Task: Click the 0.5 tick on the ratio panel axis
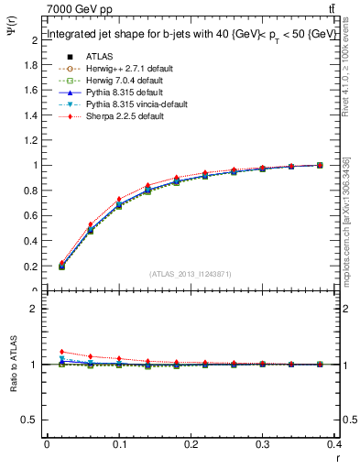coord(30,420)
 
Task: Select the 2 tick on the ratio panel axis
coord(34,309)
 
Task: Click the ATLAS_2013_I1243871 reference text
coord(190,274)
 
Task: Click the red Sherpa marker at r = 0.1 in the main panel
coord(119,199)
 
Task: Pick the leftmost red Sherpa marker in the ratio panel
coord(61,352)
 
